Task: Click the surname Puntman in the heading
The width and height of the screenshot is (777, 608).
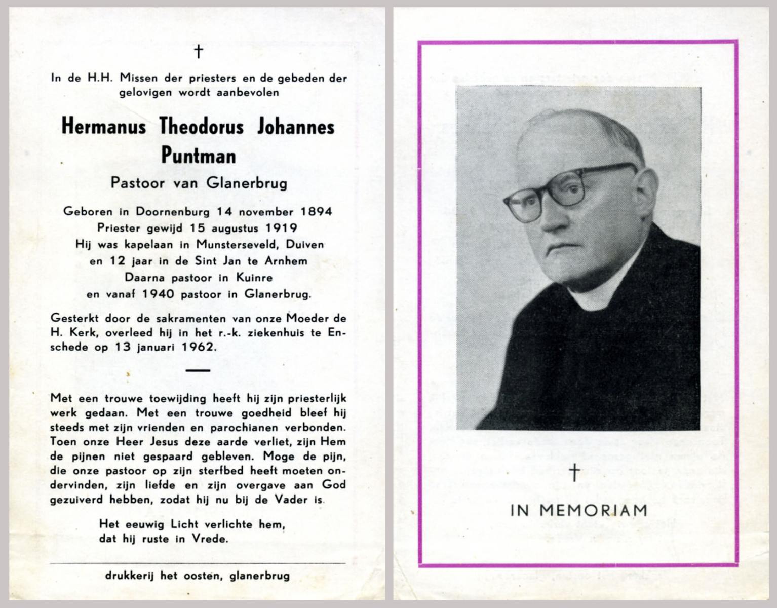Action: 199,156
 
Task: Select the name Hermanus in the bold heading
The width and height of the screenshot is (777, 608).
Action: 104,126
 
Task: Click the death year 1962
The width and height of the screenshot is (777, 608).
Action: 200,347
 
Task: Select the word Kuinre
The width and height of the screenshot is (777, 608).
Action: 254,278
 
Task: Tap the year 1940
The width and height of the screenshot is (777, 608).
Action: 159,294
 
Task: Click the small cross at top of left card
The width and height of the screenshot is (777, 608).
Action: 199,51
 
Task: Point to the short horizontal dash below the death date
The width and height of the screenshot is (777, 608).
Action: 198,370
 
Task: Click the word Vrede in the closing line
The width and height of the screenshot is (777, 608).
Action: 210,539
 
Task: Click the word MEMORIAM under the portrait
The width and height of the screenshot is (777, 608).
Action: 593,510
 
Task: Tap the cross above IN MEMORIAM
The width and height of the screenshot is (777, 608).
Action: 574,472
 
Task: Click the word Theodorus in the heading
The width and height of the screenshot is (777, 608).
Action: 202,126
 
